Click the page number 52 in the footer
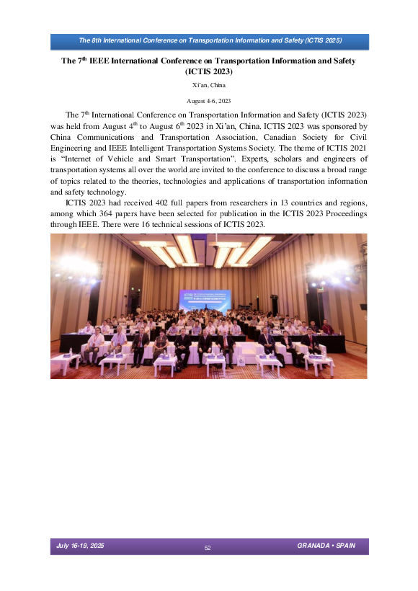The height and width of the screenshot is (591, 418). (208, 548)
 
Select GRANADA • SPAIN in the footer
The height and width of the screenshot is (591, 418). (326, 545)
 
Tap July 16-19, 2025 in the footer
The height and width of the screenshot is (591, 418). (80, 546)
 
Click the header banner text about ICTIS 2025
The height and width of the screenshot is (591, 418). (209, 40)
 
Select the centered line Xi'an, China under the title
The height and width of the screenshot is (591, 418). (208, 86)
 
